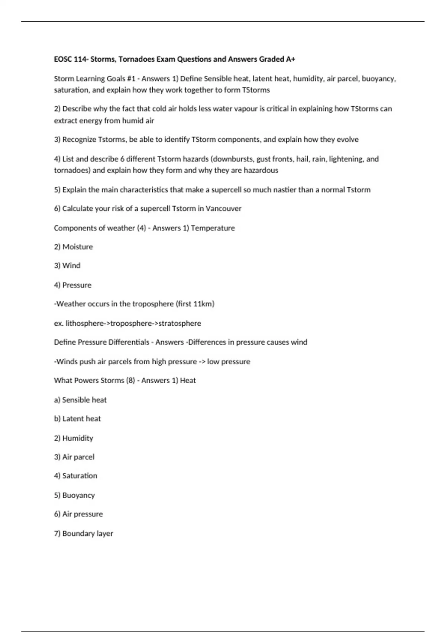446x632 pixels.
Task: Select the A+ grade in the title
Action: point(291,59)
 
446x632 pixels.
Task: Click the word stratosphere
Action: point(180,323)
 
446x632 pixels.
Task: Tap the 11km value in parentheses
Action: point(203,304)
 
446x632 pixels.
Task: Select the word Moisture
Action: point(78,247)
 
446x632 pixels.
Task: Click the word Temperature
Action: point(213,228)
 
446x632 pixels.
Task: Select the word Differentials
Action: point(129,342)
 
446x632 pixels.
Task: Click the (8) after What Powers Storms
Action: point(130,381)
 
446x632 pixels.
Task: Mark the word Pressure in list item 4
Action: point(77,285)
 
